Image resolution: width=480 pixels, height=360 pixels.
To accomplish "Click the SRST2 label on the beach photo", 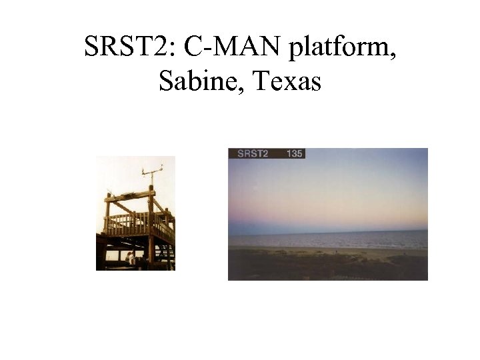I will point(253,153).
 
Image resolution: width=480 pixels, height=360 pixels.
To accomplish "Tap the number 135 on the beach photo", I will point(294,153).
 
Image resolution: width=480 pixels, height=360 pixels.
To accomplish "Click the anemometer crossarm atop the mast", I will point(152,171).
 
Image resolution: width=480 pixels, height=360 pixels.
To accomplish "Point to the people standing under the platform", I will point(130,258).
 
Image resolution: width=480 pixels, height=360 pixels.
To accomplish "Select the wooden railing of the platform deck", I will point(133,223).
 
